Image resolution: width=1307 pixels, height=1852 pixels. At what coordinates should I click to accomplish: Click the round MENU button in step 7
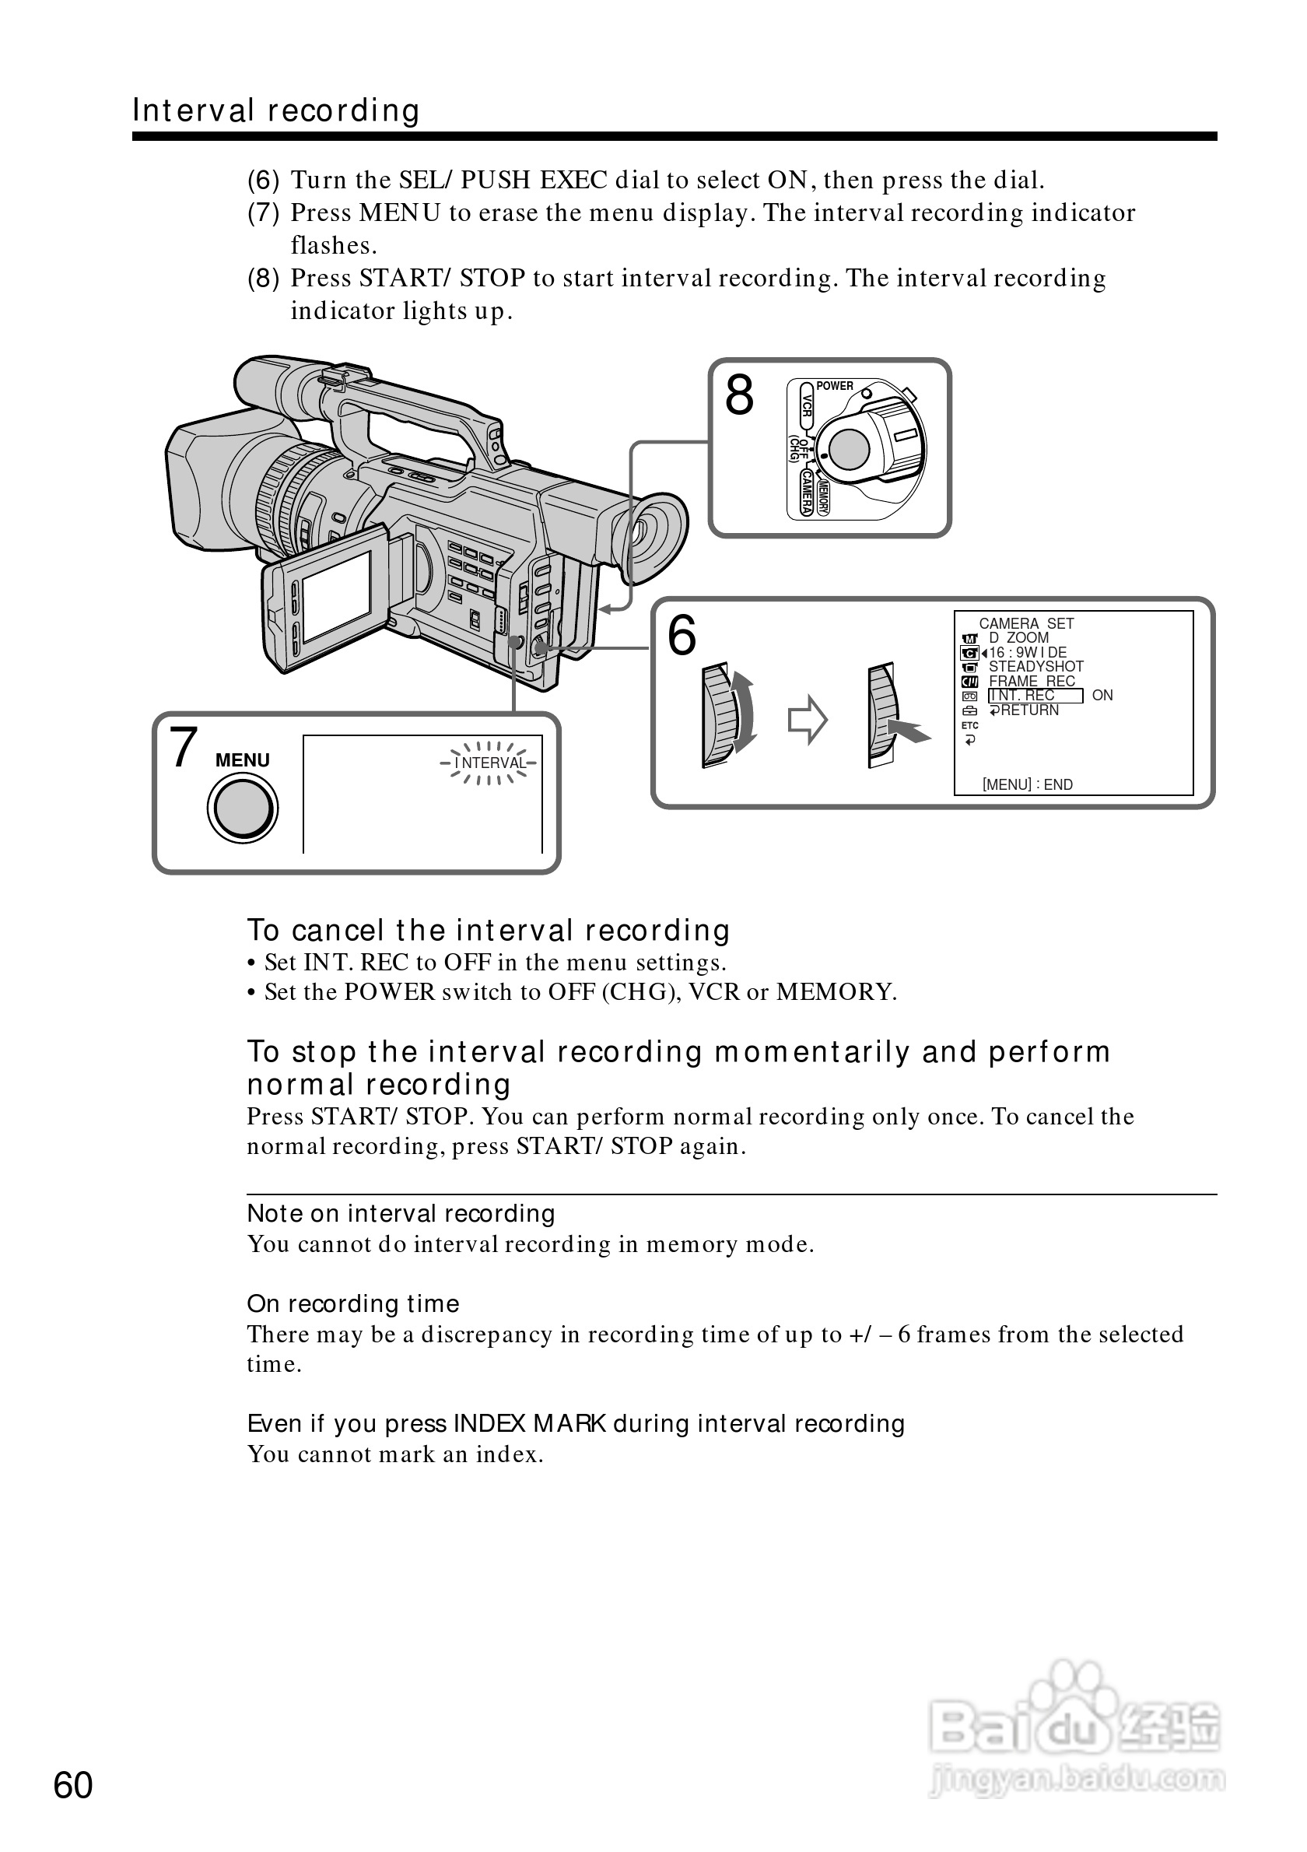[x=243, y=808]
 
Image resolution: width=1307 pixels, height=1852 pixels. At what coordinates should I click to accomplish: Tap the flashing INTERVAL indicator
[x=489, y=763]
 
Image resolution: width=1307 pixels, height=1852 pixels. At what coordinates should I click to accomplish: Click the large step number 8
[x=738, y=396]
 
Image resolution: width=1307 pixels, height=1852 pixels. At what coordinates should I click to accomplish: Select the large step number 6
[x=682, y=636]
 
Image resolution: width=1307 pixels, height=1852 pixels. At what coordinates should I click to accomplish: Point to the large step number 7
[x=184, y=748]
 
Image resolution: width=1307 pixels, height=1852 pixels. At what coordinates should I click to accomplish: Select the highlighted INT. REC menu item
[x=1035, y=696]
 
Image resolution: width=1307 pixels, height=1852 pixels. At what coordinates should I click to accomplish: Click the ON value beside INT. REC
[x=1102, y=696]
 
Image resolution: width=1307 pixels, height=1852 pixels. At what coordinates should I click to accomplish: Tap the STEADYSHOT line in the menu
[x=1035, y=666]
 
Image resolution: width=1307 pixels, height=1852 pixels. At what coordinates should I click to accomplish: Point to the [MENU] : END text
[x=1027, y=784]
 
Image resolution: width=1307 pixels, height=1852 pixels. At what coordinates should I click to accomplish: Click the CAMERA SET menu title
[x=1025, y=623]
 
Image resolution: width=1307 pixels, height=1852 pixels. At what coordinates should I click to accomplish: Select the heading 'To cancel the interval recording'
[x=488, y=930]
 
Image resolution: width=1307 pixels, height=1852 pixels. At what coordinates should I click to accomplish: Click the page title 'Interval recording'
[x=275, y=110]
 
